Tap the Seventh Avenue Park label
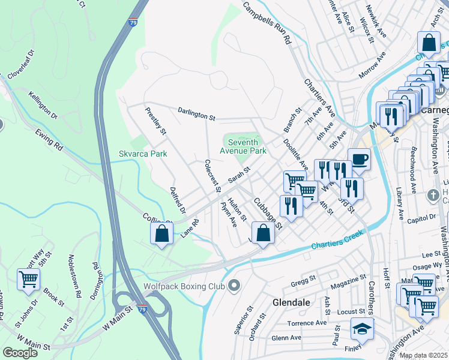coord(244,146)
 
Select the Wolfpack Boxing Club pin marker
coord(234,286)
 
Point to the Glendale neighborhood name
coord(291,302)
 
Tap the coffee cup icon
coord(359,160)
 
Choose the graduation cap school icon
coord(363,329)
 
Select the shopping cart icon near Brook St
coord(28,279)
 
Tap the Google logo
coord(20,352)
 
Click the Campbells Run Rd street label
coord(267,23)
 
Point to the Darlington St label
coord(196,114)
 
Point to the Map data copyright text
coord(423,355)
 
